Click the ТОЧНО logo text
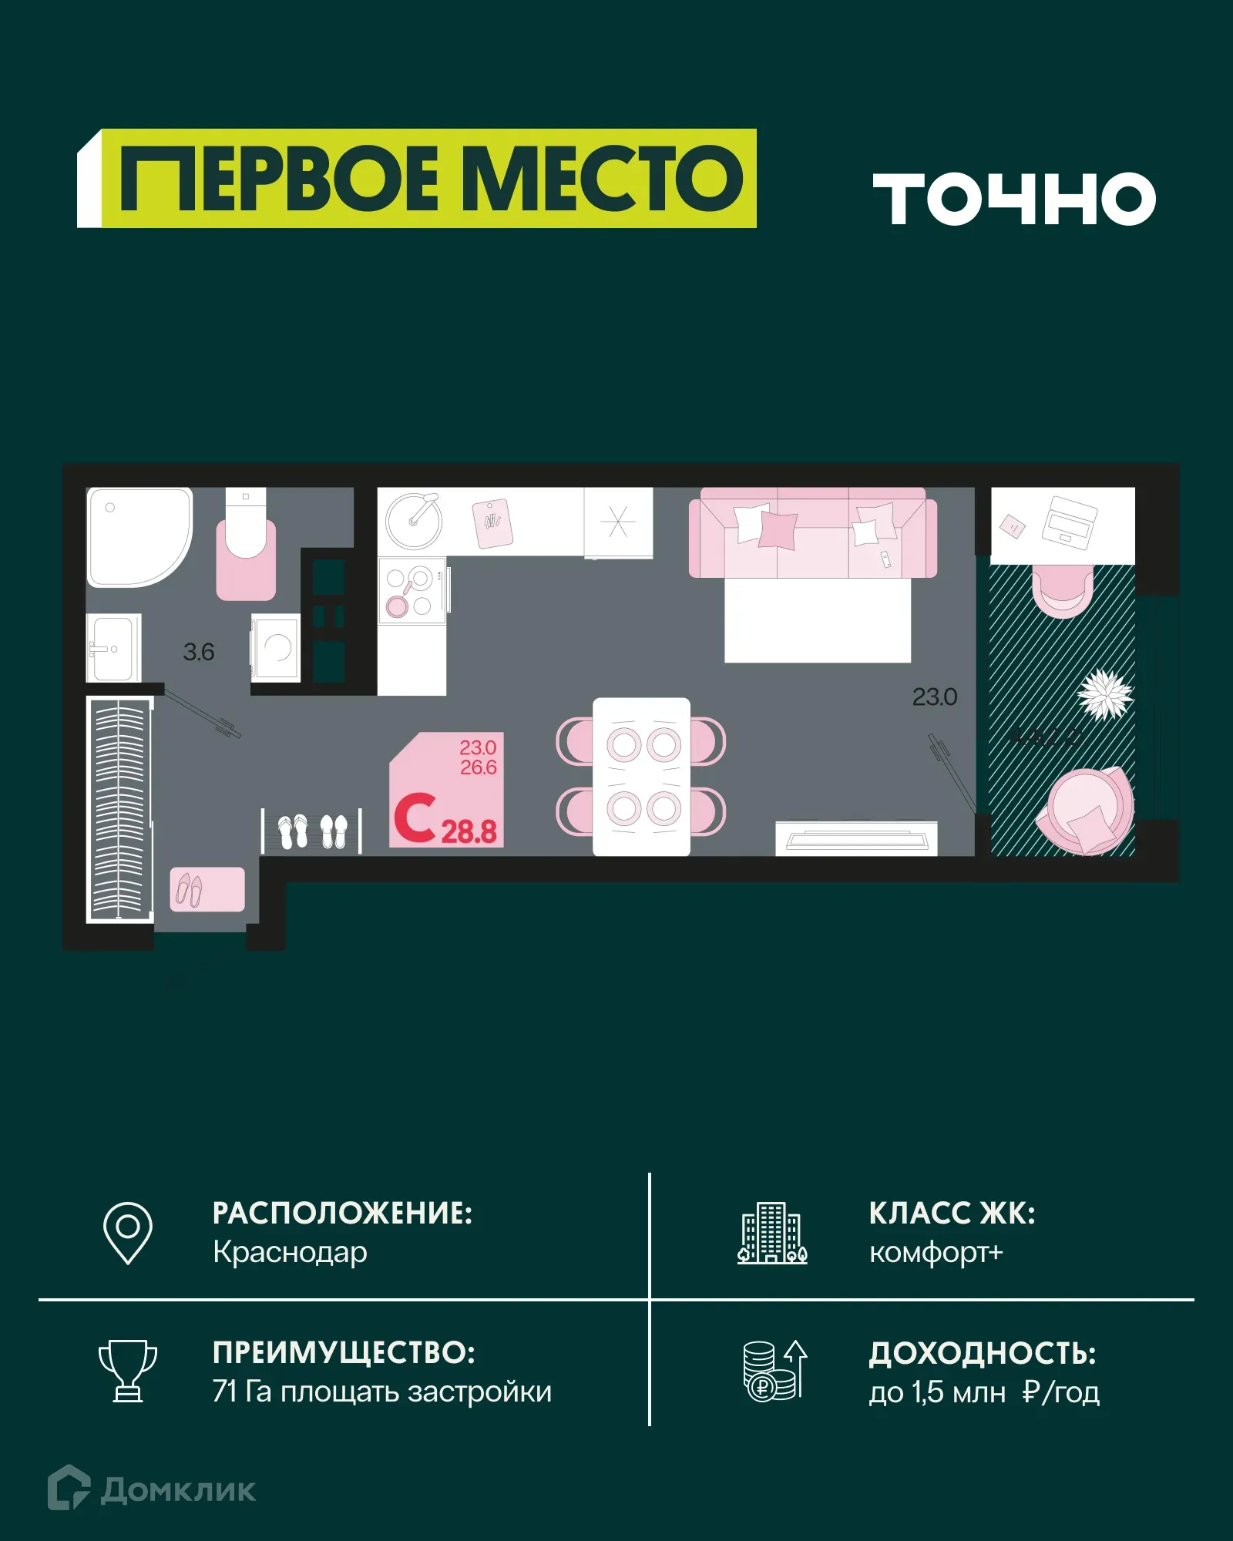(1013, 199)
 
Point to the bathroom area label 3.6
(199, 653)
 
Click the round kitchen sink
(414, 521)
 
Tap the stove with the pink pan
(412, 590)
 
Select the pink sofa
(813, 532)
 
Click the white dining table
(641, 776)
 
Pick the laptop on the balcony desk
(1069, 522)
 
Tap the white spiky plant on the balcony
(1105, 693)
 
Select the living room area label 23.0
(934, 697)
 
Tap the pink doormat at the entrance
(207, 890)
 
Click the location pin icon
(128, 1233)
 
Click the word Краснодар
(290, 1253)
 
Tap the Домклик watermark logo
(152, 1489)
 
